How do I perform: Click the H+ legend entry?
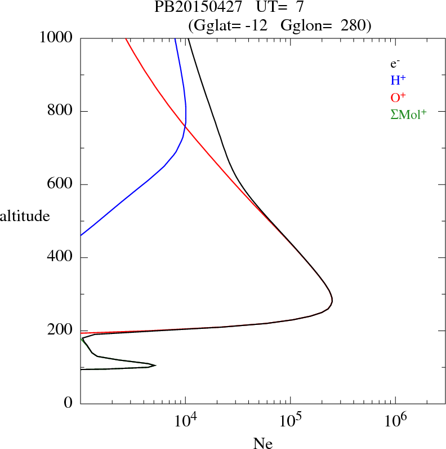click(399, 81)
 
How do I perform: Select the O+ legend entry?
click(399, 97)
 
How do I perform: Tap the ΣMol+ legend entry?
click(408, 114)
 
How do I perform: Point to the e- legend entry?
click(395, 64)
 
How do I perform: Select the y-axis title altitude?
click(25, 215)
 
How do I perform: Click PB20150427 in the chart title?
click(195, 7)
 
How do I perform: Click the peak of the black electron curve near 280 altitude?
click(332, 301)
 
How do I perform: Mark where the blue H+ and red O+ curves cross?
click(185, 124)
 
